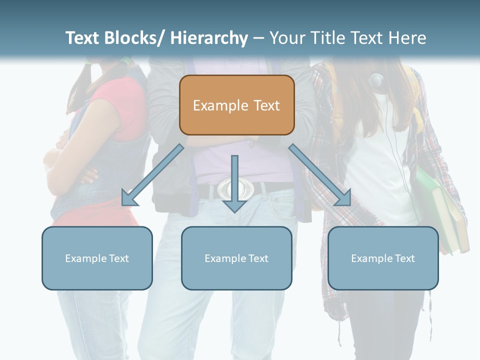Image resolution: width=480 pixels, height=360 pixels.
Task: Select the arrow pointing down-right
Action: pyautogui.click(x=320, y=175)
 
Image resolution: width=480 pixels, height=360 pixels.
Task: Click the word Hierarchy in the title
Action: pyautogui.click(x=208, y=38)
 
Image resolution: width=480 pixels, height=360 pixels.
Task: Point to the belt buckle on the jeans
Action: pyautogui.click(x=234, y=189)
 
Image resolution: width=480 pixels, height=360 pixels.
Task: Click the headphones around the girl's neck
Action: pyautogui.click(x=376, y=79)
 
